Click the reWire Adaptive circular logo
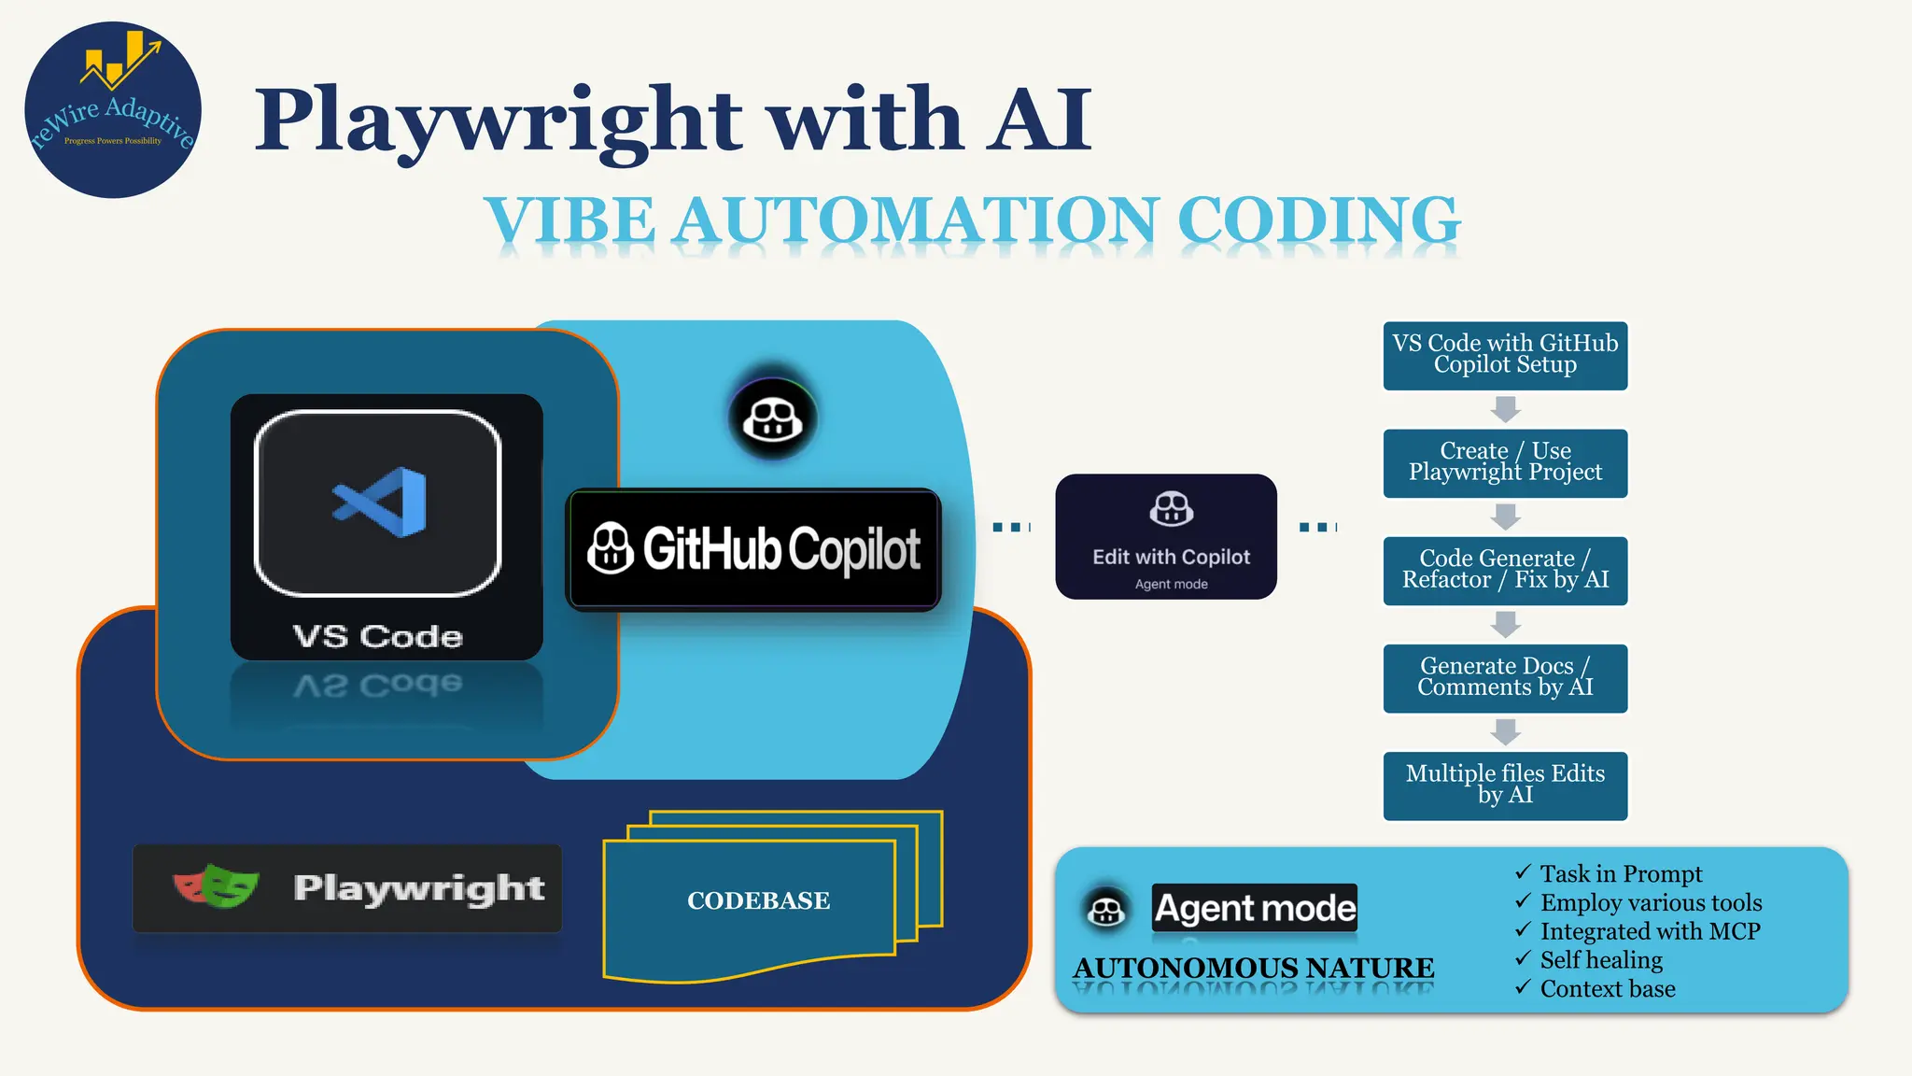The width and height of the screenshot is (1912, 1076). [x=113, y=110]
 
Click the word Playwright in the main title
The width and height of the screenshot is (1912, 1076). [x=499, y=121]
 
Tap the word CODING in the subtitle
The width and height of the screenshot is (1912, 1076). [x=1317, y=221]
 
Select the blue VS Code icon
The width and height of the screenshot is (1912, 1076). [x=381, y=503]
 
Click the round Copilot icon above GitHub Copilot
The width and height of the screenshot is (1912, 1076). [x=772, y=418]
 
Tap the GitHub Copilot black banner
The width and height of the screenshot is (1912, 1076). [x=753, y=549]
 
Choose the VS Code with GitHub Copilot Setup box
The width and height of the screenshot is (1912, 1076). [x=1505, y=355]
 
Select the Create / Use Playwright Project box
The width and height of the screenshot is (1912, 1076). [x=1505, y=462]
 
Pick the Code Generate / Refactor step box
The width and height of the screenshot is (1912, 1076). [x=1505, y=570]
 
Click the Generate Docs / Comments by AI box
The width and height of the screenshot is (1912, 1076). [x=1505, y=677]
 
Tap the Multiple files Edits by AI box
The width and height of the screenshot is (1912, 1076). [x=1505, y=785]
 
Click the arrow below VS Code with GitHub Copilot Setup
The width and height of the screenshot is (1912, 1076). [x=1505, y=409]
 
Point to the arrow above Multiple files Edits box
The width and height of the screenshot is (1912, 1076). [x=1505, y=731]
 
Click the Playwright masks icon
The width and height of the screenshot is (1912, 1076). [x=217, y=886]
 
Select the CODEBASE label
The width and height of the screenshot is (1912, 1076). [x=758, y=900]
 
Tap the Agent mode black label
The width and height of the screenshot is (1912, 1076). [x=1255, y=908]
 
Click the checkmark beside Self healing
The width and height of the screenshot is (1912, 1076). [x=1523, y=958]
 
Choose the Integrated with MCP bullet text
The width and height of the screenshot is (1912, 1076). [x=1650, y=931]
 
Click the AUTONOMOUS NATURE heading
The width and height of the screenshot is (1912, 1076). [x=1253, y=968]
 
